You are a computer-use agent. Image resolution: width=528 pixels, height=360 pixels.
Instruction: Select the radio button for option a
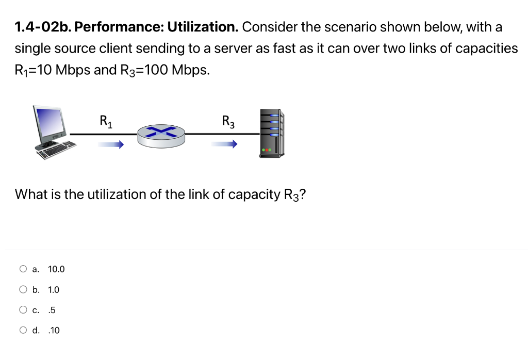pos(23,269)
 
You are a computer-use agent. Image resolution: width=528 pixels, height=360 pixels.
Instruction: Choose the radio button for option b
pos(23,289)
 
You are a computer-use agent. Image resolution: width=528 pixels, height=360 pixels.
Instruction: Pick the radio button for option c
pos(23,310)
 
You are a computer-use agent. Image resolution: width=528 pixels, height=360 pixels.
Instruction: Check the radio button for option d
pos(23,330)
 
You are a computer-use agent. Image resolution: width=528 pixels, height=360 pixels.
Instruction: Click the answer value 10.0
pos(56,269)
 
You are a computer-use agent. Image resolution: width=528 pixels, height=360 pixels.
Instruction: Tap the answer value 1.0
pos(54,290)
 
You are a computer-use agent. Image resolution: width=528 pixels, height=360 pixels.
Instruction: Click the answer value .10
pos(54,331)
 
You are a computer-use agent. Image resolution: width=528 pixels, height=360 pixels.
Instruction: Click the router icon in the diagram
pos(161,135)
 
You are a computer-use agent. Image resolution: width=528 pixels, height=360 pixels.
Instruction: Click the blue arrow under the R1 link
pos(111,145)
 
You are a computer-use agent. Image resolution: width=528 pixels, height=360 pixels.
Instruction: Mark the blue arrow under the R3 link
pos(224,145)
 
